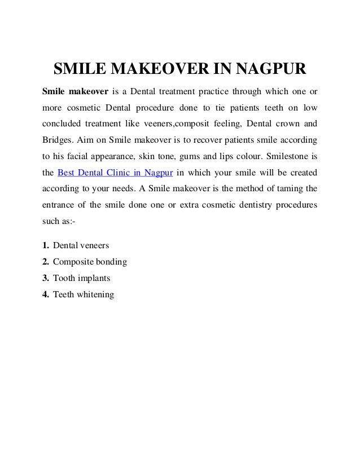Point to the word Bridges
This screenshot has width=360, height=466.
point(58,139)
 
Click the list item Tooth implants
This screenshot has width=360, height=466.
point(81,279)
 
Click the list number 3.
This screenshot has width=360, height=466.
point(45,279)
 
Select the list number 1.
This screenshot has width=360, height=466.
point(45,247)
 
